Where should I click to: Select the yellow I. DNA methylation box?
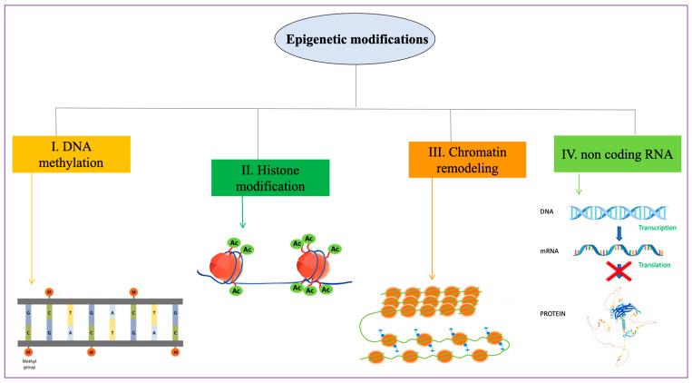click(x=72, y=153)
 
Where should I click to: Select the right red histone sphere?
click(x=310, y=268)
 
